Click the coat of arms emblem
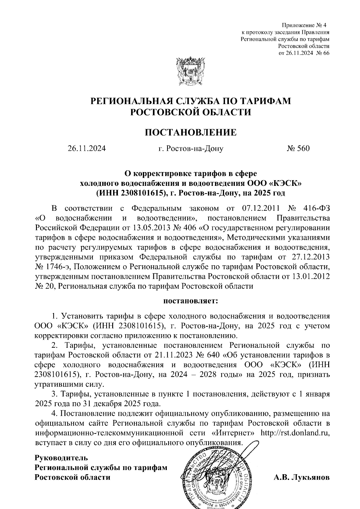point(191,72)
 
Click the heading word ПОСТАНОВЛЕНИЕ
point(191,132)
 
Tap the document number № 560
point(298,148)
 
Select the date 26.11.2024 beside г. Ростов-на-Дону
point(87,148)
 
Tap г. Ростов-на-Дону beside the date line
point(191,148)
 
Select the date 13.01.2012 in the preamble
point(310,276)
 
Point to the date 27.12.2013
point(310,257)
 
